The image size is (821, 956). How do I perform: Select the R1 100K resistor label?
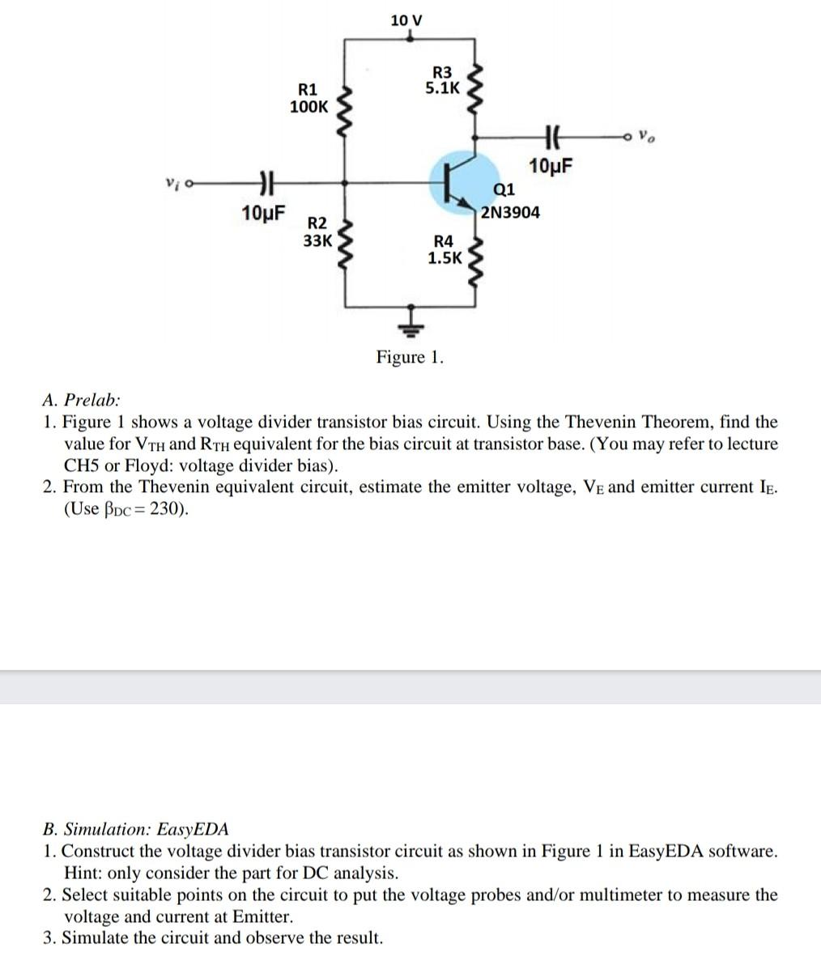[x=309, y=98]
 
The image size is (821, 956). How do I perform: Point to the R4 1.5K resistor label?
[x=445, y=250]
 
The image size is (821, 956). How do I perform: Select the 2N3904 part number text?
[x=510, y=213]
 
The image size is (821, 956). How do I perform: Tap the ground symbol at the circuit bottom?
[x=411, y=323]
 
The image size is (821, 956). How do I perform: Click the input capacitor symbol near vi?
[x=263, y=184]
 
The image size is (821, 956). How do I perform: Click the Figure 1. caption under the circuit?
[x=410, y=358]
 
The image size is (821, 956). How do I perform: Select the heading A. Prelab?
[x=82, y=400]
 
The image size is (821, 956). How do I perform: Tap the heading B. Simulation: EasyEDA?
[x=135, y=829]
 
